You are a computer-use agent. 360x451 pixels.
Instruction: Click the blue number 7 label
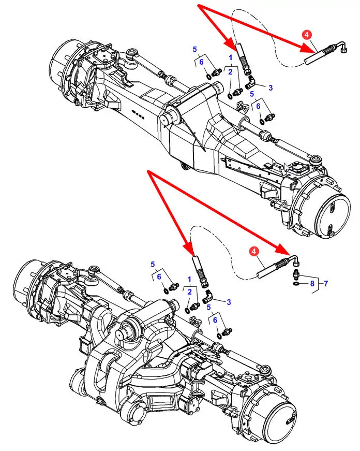325,284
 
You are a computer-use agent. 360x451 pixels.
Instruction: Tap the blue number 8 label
312,284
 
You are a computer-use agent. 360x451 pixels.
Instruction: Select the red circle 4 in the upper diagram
307,35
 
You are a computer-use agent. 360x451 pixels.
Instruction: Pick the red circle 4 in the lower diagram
253,251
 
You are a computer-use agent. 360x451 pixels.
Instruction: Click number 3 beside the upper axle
270,88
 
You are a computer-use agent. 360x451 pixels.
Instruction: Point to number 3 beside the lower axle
229,302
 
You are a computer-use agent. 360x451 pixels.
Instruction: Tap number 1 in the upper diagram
230,57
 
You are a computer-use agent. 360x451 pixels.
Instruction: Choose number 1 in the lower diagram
189,279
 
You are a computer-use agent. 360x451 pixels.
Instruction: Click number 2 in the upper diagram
230,71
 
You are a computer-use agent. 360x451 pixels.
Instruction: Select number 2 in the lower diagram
189,292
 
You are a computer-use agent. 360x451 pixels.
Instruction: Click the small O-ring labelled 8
296,284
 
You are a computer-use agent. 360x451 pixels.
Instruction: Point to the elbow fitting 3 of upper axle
249,82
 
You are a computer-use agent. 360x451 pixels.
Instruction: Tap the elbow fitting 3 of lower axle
207,297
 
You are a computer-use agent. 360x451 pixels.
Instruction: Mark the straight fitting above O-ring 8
296,275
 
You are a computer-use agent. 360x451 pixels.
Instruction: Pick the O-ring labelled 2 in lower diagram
187,311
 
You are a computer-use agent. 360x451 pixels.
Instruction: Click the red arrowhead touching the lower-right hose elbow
284,248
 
